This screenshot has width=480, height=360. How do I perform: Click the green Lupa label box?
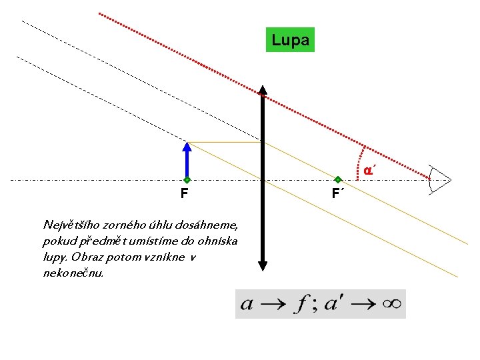[290, 40]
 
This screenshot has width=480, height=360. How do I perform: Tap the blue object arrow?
[187, 160]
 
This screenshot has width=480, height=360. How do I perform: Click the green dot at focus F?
[187, 180]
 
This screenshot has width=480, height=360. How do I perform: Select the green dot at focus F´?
[338, 180]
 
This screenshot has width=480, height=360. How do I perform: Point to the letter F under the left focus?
[183, 194]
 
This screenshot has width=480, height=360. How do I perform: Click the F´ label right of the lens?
[337, 194]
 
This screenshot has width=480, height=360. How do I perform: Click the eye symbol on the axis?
[440, 179]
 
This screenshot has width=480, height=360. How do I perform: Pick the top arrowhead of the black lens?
[263, 91]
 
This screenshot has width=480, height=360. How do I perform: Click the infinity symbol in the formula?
[392, 304]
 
